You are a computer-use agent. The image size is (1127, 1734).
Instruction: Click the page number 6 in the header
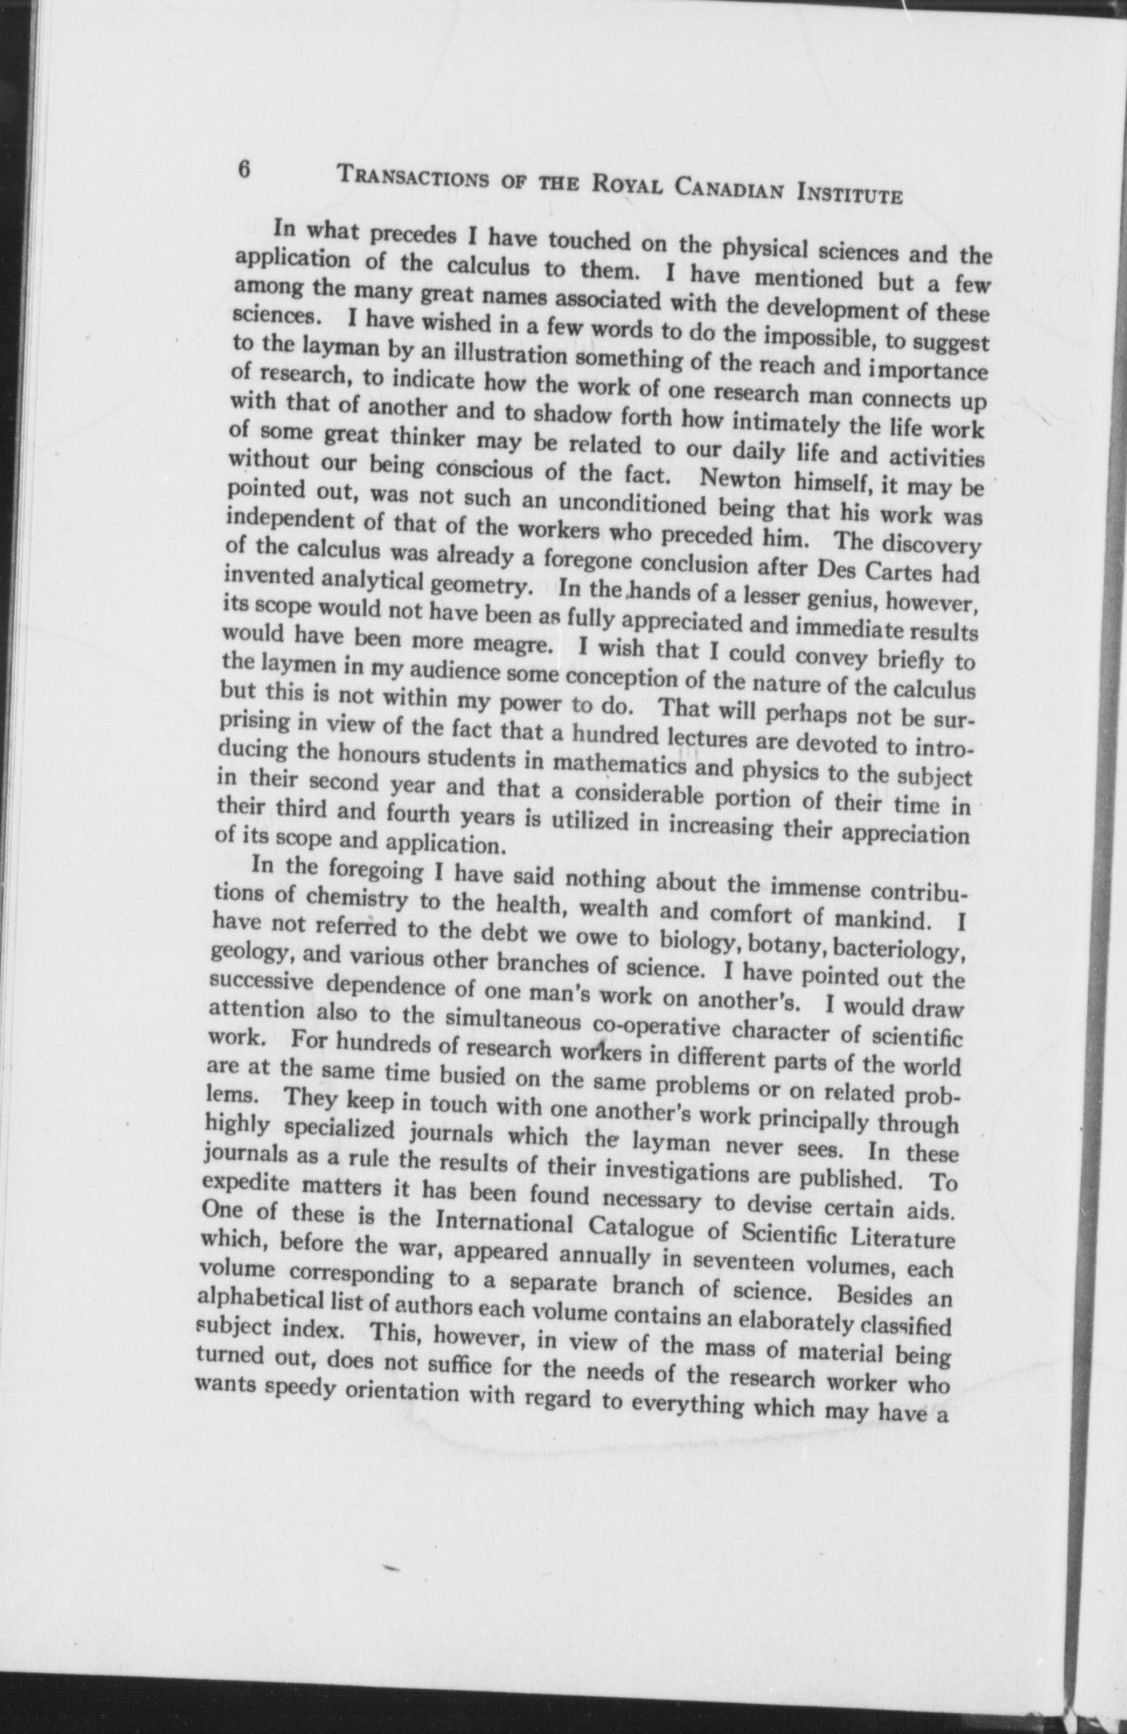pyautogui.click(x=243, y=168)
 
